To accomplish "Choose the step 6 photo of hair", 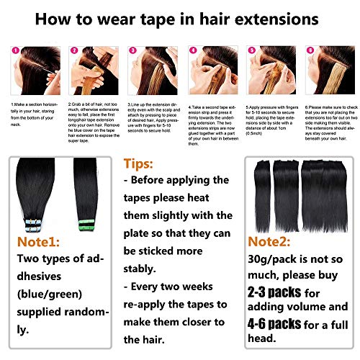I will click(x=328, y=76).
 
